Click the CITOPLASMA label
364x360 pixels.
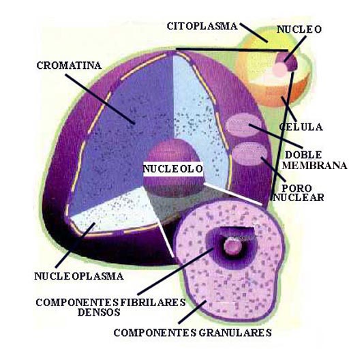point(202,26)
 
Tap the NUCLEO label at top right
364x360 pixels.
point(299,29)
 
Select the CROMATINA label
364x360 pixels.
point(69,65)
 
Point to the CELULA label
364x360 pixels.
point(301,127)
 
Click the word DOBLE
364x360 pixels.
point(303,155)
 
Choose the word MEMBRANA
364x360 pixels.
point(315,166)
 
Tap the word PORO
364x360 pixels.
point(297,188)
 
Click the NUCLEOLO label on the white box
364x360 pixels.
point(173,168)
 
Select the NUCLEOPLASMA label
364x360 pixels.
point(78,276)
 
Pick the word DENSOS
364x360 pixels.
point(99,312)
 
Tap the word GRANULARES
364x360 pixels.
point(235,333)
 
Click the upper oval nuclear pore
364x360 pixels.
point(243,125)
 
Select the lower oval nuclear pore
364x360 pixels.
point(249,153)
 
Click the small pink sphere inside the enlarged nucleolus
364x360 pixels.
point(232,246)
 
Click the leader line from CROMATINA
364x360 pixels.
point(100,99)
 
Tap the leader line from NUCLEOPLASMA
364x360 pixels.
point(75,245)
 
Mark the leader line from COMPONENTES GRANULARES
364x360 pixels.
point(192,312)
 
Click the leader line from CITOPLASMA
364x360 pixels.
point(254,33)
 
